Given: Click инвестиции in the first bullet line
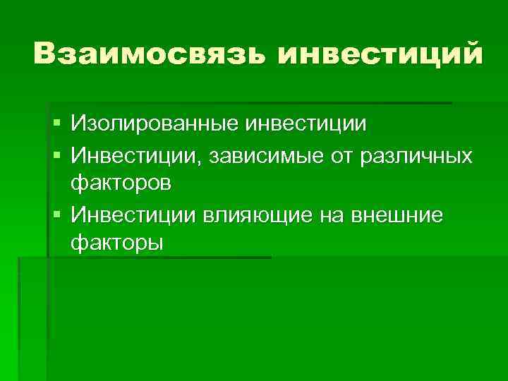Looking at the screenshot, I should coord(306,125).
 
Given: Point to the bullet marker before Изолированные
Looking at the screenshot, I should coord(56,125).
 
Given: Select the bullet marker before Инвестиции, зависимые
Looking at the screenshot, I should coord(56,155).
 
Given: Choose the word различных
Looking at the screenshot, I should coord(416,155).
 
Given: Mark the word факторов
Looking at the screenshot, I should coord(120,183).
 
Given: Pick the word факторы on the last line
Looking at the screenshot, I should coord(116,243).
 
